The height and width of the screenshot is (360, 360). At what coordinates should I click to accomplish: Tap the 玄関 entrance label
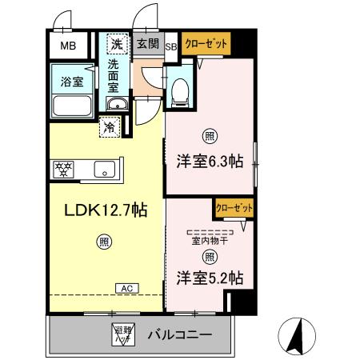click(146, 45)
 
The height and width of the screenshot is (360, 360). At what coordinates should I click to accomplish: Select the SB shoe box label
click(170, 46)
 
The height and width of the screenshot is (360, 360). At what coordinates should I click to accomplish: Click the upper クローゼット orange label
click(206, 43)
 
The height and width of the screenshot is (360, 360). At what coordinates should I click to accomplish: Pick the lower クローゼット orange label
click(233, 208)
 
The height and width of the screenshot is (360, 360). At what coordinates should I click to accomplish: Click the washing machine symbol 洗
click(117, 45)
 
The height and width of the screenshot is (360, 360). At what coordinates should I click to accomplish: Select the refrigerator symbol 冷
click(108, 126)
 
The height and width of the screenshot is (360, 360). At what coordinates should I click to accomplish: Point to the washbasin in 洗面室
click(117, 104)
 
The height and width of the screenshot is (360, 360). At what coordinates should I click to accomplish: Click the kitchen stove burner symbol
click(63, 169)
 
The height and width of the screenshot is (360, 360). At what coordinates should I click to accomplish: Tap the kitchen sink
click(104, 169)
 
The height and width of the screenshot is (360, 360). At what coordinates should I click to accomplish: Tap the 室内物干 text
click(209, 239)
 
